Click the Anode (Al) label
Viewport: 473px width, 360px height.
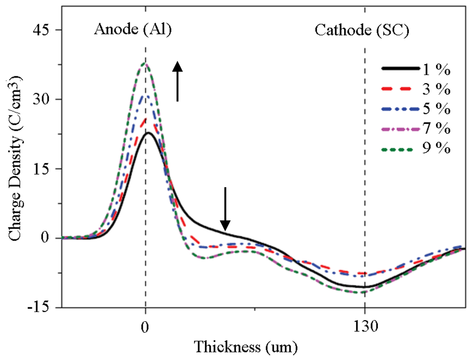pos(133,30)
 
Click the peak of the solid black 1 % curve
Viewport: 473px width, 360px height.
pos(148,133)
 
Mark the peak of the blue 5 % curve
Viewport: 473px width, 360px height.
pos(146,96)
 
